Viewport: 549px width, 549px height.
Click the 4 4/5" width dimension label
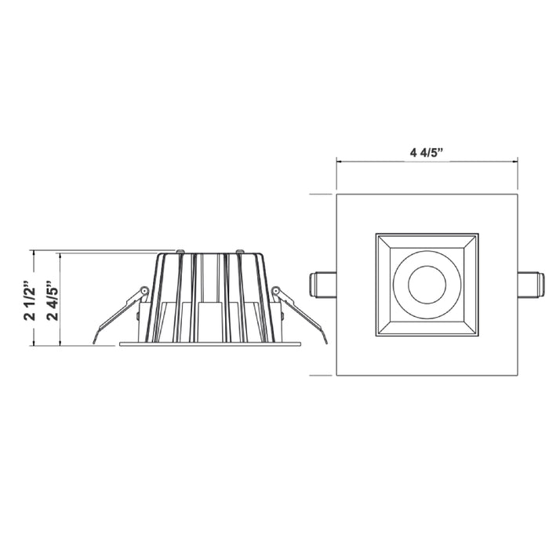tap(427, 151)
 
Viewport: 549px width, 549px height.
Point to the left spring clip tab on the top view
tap(322, 283)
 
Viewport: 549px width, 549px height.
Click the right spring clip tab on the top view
tap(532, 283)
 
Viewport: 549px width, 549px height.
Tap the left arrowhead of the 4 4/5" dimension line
tap(339, 162)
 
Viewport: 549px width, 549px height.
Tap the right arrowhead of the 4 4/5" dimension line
tap(515, 162)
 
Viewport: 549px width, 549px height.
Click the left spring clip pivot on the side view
tap(144, 293)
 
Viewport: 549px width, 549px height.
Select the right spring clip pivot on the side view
tap(275, 293)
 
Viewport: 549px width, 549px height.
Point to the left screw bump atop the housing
tap(180, 252)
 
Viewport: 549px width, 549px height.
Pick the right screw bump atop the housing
tap(239, 252)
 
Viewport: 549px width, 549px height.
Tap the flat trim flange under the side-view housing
tap(210, 344)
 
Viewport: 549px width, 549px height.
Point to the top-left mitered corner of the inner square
tap(378, 235)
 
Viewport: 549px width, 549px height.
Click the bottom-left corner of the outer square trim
tap(337, 374)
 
